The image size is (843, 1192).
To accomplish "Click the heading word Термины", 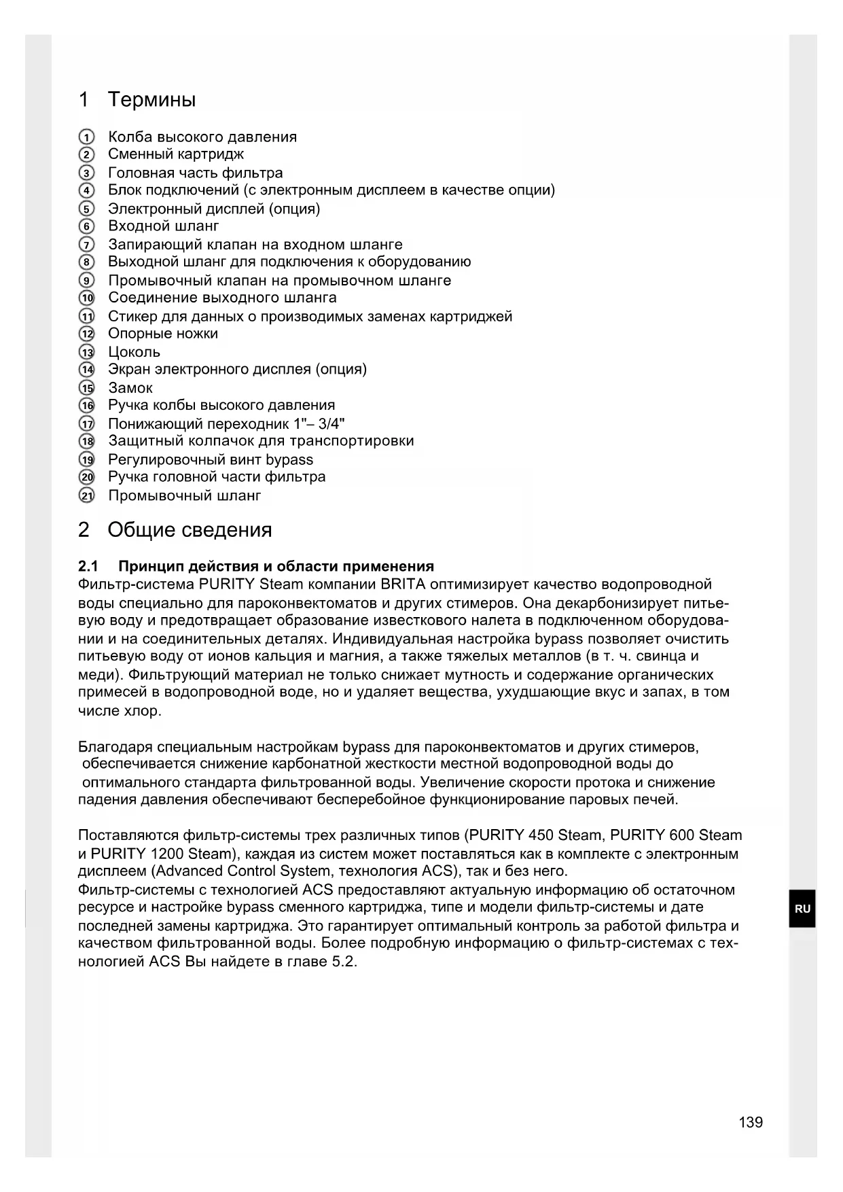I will click(x=151, y=100).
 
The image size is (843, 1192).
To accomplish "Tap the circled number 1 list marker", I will click(x=86, y=137).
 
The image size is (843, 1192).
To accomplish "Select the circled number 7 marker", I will click(x=86, y=245).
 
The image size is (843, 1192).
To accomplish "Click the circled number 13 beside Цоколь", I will click(x=87, y=352).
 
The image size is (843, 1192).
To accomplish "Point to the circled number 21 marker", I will click(x=87, y=495).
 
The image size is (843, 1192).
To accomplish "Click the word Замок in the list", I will click(x=130, y=388).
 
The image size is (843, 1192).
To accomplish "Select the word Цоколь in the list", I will click(x=134, y=352).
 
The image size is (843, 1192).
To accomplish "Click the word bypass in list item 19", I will click(x=289, y=459).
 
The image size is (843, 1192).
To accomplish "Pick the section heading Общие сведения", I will click(x=190, y=530).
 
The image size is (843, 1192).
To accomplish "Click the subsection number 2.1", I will click(x=88, y=566).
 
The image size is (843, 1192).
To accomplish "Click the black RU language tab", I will click(x=802, y=909).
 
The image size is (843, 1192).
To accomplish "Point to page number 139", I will click(x=751, y=1122).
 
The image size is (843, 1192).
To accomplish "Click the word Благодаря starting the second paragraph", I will click(x=110, y=747).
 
